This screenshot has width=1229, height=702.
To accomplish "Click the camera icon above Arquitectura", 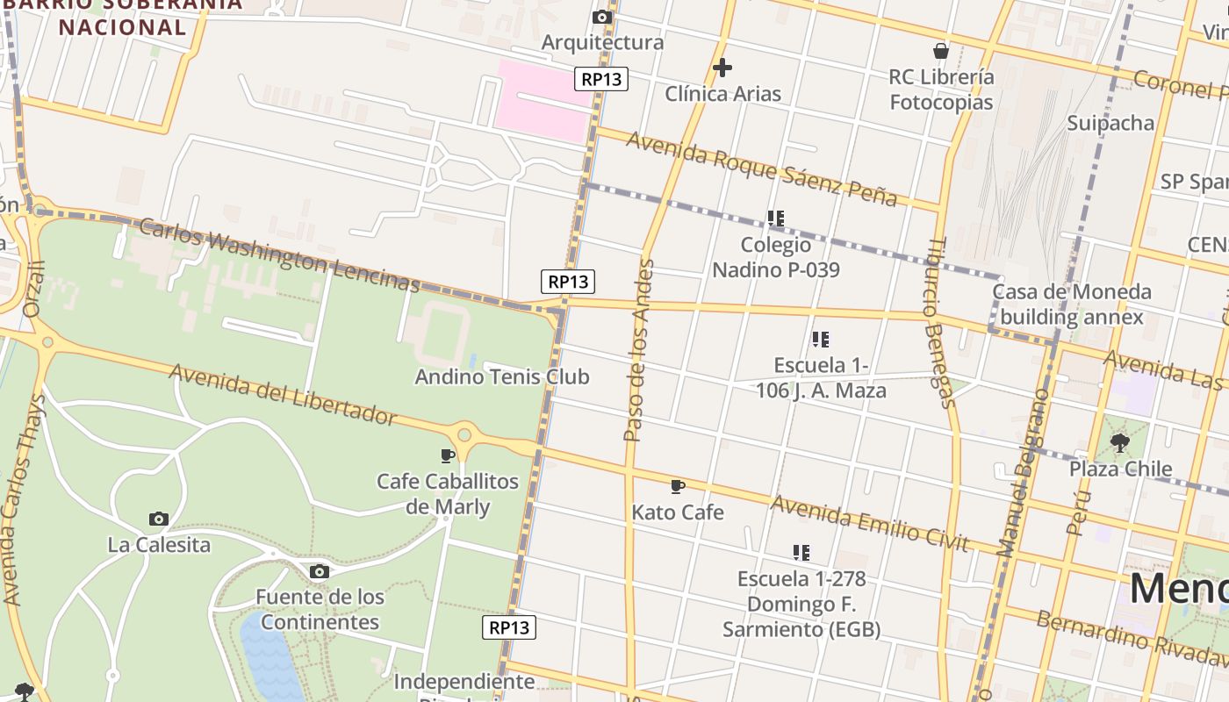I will tap(602, 17).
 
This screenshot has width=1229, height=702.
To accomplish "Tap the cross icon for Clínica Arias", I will tap(722, 68).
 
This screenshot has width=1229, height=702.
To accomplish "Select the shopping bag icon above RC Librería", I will tap(941, 51).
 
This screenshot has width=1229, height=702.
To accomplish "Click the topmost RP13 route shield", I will tap(601, 79).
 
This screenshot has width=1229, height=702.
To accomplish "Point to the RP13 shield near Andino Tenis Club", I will tap(567, 282).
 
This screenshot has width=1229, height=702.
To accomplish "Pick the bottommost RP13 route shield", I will tap(509, 627).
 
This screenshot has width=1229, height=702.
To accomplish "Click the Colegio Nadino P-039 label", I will tap(775, 257).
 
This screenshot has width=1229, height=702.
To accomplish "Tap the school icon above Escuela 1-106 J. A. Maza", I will tap(821, 339).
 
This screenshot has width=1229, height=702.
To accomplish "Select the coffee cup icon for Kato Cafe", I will tap(677, 486).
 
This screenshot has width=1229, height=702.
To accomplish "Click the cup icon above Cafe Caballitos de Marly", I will tap(448, 455).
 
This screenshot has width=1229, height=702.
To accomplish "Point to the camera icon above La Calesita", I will tap(159, 519).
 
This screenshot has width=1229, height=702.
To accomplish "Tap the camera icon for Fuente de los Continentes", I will tap(320, 572).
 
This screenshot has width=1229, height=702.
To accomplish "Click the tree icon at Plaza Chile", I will tap(1119, 442).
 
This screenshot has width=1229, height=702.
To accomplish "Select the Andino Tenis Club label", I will tap(501, 377).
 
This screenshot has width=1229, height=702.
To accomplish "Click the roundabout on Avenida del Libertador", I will tap(464, 433).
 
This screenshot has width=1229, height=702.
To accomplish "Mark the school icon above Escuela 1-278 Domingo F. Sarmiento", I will tap(801, 553).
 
